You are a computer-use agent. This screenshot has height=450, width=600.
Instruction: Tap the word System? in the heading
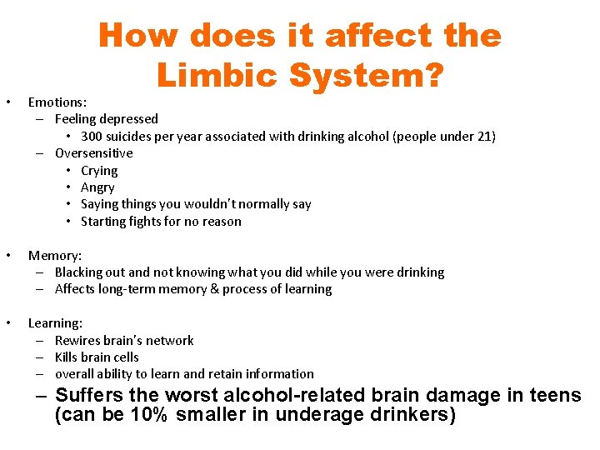click(365, 76)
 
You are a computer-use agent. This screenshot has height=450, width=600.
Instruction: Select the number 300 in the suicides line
click(92, 136)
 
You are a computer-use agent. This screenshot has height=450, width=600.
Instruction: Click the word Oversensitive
click(93, 153)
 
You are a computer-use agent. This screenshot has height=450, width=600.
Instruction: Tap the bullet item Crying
click(99, 170)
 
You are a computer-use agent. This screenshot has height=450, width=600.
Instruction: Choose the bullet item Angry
click(97, 187)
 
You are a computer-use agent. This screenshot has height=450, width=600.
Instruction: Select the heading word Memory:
click(55, 255)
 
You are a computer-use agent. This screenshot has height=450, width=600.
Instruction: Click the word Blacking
click(79, 272)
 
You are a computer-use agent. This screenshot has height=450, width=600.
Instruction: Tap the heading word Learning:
click(55, 322)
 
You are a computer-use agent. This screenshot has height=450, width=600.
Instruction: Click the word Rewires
click(77, 340)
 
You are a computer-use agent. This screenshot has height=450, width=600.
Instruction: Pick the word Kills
click(67, 357)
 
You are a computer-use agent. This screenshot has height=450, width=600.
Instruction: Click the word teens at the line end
click(555, 395)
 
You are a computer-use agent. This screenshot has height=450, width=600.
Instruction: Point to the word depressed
click(129, 119)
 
